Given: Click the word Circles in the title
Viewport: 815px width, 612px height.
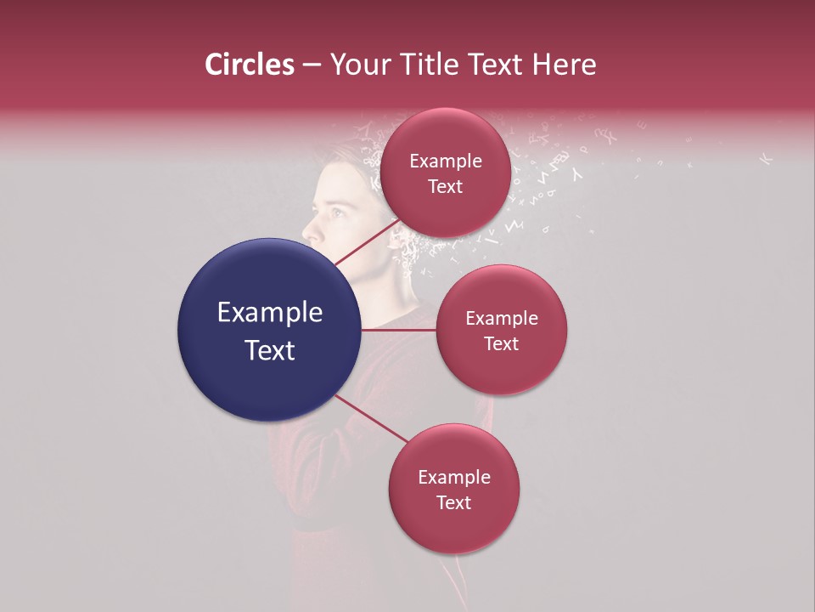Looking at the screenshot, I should point(249,65).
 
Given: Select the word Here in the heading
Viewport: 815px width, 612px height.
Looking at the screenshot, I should point(563,65).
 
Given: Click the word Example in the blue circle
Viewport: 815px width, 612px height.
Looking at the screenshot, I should point(270,313).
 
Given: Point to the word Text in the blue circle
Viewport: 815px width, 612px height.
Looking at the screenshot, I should point(270,350).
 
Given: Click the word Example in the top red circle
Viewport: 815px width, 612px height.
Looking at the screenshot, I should point(445,161).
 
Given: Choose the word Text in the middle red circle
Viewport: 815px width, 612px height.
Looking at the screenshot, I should point(501,344).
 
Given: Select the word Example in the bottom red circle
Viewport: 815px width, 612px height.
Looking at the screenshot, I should point(453,478).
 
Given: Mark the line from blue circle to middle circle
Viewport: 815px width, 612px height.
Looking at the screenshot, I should point(399,330).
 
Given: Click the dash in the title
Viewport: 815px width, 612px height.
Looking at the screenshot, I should point(312,65).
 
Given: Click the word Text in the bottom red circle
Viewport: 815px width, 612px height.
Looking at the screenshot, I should point(453,503).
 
